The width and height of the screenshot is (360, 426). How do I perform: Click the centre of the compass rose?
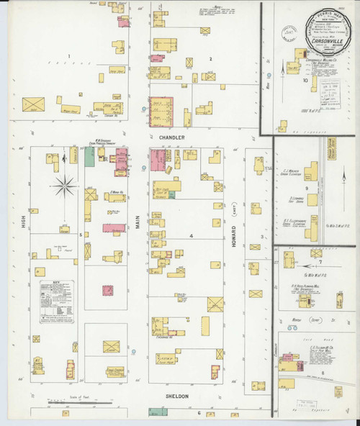65,186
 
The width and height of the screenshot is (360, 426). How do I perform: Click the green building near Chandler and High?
89,157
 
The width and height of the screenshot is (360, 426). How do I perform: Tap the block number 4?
192,235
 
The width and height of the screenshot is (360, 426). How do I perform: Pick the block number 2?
211,58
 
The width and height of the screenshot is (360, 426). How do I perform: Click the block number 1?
69,56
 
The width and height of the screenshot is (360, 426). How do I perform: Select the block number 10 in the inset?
305,81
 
